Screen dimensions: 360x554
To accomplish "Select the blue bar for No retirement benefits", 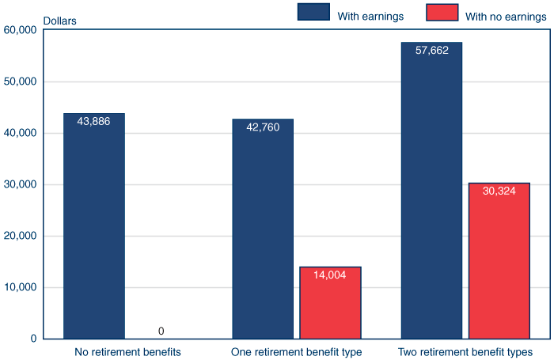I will tap(93, 229).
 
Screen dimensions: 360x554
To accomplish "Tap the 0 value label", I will tap(161, 331).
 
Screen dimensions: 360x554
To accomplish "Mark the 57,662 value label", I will tap(431, 49).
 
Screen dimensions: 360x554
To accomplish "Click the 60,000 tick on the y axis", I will tap(21, 30).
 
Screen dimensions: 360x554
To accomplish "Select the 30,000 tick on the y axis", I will tap(21, 184).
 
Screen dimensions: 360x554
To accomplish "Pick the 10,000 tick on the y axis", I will tap(21, 287).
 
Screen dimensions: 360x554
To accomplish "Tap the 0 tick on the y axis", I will tap(33, 339).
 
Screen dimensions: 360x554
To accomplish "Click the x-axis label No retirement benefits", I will tap(127, 351).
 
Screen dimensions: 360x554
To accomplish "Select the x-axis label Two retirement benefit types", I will tap(465, 351).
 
